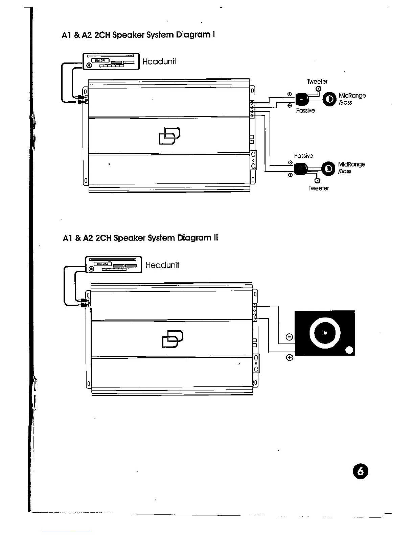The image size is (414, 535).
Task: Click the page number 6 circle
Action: (360, 472)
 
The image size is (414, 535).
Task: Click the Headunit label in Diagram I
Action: (159, 61)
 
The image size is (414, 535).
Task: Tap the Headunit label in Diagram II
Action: (162, 265)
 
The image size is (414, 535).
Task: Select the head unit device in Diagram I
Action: (111, 61)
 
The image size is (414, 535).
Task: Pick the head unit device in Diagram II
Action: (113, 265)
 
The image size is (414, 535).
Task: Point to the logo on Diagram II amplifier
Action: (172, 339)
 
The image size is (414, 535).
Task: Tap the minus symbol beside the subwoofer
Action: (289, 337)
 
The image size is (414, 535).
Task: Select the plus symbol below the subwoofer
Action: (290, 358)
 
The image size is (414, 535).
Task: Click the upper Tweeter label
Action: (317, 81)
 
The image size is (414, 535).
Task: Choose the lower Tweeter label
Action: (319, 188)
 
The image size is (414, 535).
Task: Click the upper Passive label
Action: (305, 110)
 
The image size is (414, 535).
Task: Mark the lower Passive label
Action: (303, 156)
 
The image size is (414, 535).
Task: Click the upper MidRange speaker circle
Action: (329, 99)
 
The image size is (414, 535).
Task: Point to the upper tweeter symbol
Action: (318, 89)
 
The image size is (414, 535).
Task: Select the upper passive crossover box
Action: (302, 99)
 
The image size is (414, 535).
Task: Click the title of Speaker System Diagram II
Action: (140, 238)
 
